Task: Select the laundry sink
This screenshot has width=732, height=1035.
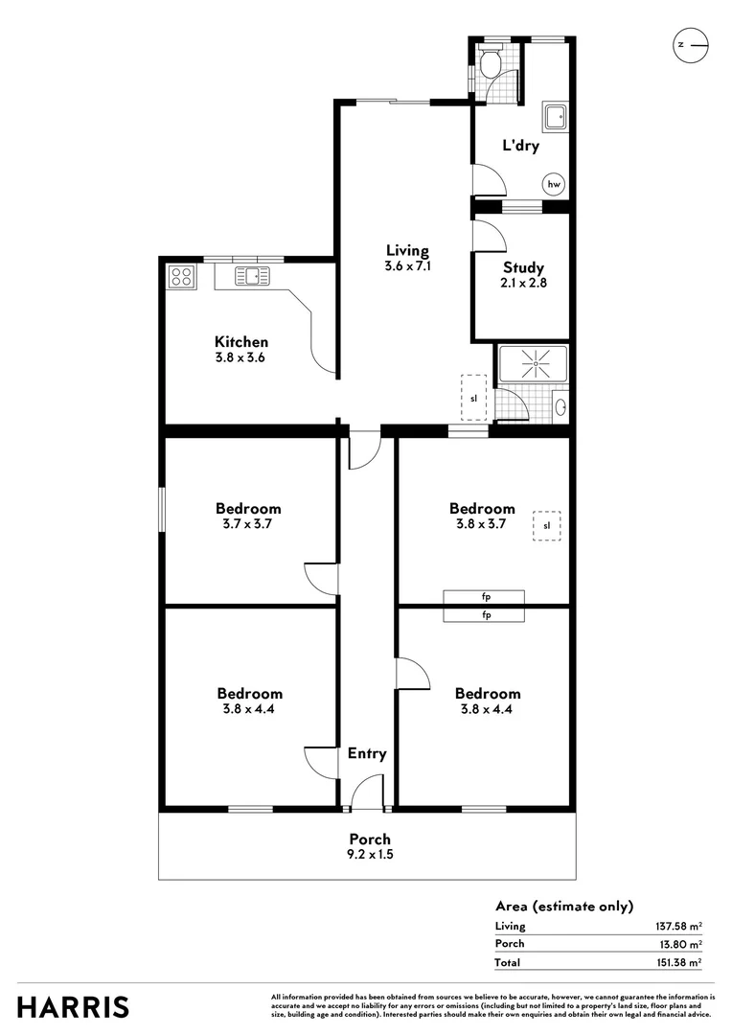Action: (555, 117)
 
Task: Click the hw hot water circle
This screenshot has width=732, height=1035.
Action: (554, 184)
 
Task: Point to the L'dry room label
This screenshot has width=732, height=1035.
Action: (521, 147)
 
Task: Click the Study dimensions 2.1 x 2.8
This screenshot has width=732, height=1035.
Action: (524, 283)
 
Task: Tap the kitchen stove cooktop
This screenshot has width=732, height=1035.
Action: (181, 277)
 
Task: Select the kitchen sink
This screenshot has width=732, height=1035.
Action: (254, 277)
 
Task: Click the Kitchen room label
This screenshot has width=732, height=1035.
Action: (240, 342)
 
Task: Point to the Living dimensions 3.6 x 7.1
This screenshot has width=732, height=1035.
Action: (407, 266)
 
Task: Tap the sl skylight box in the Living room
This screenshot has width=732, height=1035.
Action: (473, 397)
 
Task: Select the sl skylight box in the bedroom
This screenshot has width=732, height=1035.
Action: (547, 525)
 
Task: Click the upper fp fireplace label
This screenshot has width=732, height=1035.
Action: (485, 597)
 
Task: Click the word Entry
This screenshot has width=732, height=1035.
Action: (367, 753)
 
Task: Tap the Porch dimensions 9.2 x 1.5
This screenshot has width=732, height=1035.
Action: (369, 854)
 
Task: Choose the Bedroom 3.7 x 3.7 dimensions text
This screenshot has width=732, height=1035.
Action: (248, 524)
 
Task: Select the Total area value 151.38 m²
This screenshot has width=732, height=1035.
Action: (675, 962)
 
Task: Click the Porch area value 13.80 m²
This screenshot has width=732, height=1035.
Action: (678, 944)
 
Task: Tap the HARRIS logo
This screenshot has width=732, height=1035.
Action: (73, 1007)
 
